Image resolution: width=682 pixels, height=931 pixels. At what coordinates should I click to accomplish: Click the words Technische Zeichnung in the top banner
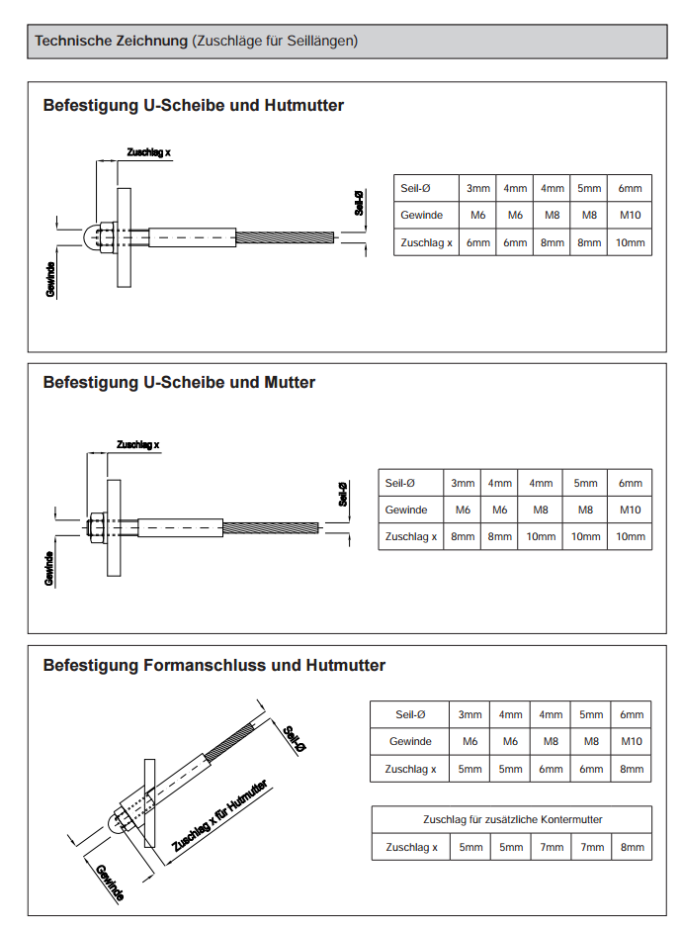point(111,42)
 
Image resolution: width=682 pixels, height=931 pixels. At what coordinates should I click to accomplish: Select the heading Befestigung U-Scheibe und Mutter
point(179,382)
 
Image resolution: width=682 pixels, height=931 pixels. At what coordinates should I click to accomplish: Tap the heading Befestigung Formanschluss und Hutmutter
point(213,665)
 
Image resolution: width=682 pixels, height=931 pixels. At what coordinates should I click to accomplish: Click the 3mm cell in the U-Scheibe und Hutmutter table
point(478,188)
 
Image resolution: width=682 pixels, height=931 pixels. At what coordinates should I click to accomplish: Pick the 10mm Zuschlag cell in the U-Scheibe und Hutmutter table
point(630,242)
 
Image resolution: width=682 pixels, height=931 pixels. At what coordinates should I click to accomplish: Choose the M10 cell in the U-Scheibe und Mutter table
point(630,510)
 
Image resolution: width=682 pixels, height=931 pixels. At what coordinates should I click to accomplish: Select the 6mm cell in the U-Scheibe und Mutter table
point(630,483)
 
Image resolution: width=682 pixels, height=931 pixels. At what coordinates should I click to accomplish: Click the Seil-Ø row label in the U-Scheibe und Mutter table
point(399,483)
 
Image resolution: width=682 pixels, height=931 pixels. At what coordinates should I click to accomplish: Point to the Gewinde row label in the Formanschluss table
point(410,741)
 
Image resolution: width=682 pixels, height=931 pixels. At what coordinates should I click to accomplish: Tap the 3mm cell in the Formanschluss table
point(470,714)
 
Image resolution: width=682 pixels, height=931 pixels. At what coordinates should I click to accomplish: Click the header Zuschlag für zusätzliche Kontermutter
point(512,819)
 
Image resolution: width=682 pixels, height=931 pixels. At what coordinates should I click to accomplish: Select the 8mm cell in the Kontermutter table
point(631,847)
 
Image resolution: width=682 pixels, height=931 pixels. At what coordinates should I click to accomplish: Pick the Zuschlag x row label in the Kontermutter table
point(411,847)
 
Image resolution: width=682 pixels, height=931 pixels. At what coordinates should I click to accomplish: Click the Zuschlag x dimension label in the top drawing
point(149,152)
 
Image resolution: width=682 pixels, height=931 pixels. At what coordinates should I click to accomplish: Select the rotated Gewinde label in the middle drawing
point(48,568)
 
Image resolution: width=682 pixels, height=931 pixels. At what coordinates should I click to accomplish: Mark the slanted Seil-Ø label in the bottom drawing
point(294,742)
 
